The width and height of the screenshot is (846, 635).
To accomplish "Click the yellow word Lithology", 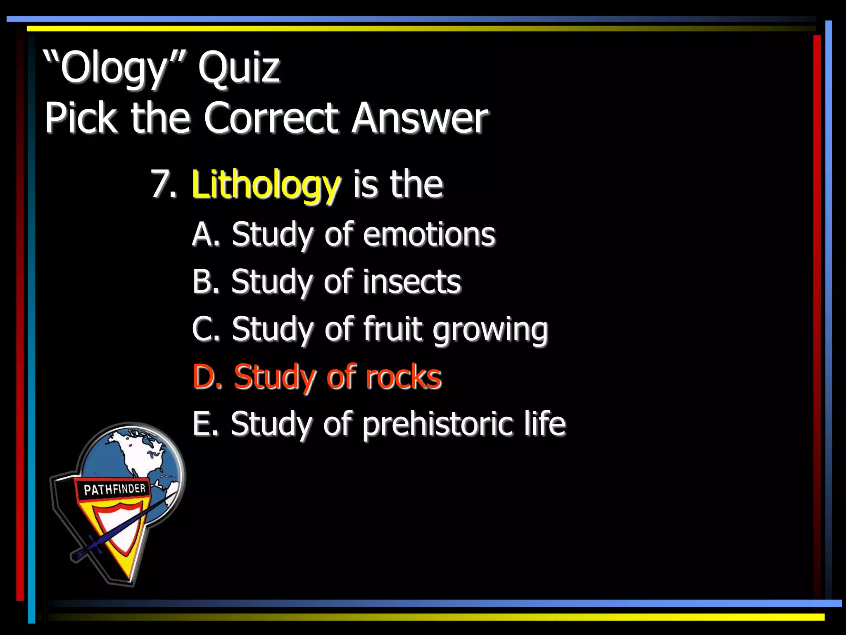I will click(266, 185).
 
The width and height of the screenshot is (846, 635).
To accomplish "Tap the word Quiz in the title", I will click(239, 67).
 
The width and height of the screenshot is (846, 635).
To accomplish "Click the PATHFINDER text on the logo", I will click(114, 489).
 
